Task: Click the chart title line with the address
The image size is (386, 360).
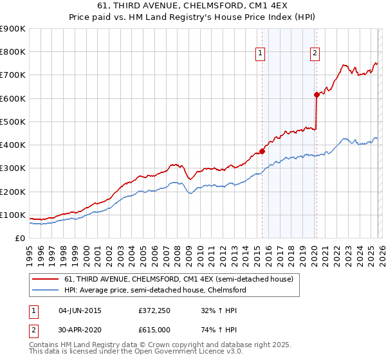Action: click(193, 6)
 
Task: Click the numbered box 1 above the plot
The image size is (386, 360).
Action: click(261, 54)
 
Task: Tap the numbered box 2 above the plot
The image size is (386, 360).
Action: click(315, 54)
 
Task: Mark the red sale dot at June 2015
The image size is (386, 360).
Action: click(262, 152)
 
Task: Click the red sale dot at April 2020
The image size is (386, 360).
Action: click(317, 95)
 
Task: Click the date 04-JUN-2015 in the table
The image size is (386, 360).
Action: click(80, 310)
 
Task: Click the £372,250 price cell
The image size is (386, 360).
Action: click(154, 310)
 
